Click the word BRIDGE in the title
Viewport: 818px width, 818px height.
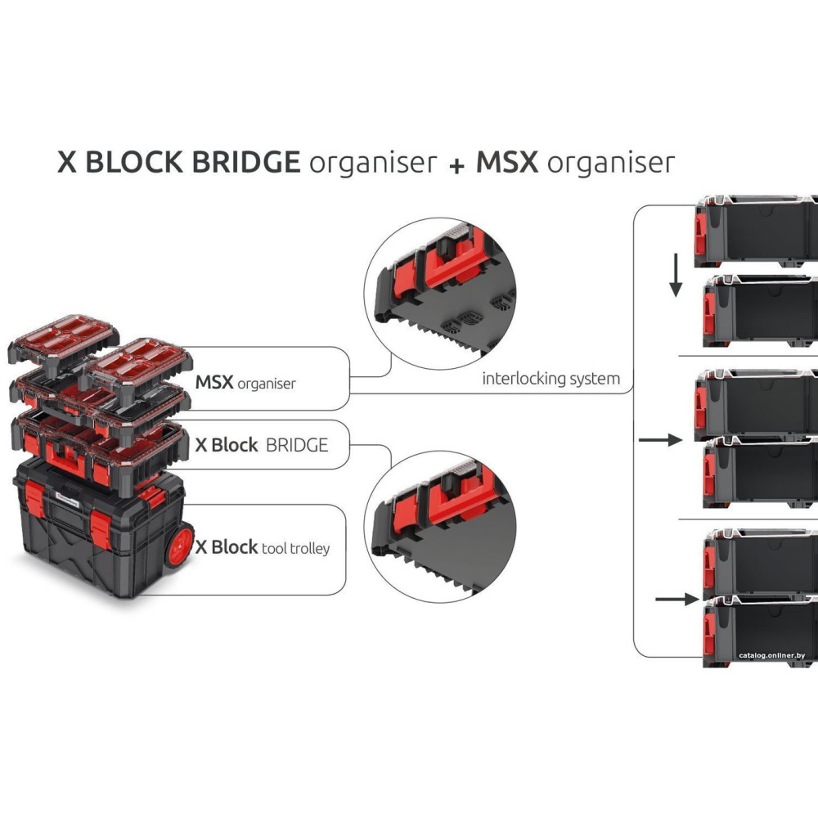(x=245, y=162)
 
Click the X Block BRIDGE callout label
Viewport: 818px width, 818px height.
(x=261, y=445)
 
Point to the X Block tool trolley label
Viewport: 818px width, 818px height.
(x=262, y=547)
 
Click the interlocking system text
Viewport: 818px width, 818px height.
(x=551, y=379)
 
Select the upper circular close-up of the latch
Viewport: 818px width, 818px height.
(x=440, y=297)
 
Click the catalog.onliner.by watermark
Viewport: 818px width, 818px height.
(x=771, y=655)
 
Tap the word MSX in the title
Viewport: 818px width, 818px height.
(x=507, y=162)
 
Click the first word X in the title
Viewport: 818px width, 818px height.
(x=67, y=162)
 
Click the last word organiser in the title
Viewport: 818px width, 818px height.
(x=611, y=163)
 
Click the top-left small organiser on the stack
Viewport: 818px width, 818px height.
(x=64, y=343)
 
